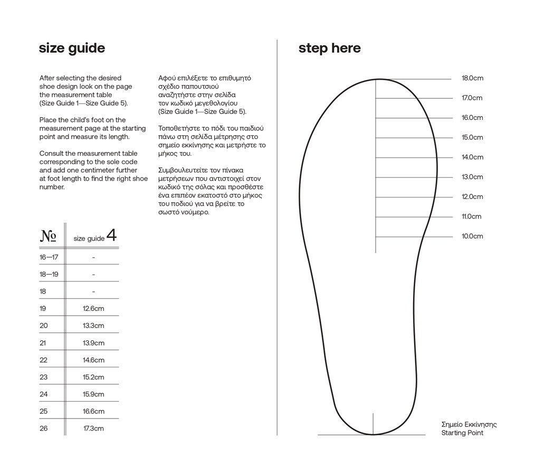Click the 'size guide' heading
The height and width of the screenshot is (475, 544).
click(72, 49)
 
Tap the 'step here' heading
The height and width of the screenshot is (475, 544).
click(329, 49)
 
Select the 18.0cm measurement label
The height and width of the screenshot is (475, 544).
click(472, 78)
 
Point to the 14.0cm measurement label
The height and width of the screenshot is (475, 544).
click(472, 157)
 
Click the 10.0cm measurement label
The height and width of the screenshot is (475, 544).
click(472, 236)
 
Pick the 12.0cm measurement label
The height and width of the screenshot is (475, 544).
click(472, 197)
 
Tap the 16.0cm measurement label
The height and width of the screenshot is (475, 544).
click(472, 118)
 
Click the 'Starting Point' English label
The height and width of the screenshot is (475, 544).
click(462, 433)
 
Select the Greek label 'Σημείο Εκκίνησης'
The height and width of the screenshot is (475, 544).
click(469, 424)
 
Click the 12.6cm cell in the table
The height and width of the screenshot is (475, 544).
click(93, 309)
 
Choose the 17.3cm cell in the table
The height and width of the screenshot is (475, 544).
click(93, 429)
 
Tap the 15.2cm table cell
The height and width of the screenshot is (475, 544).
click(93, 377)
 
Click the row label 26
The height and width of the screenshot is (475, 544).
click(43, 429)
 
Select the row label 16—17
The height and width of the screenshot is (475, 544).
click(49, 258)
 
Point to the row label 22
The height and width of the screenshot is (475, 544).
click(43, 360)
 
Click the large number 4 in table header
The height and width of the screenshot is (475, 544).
click(111, 235)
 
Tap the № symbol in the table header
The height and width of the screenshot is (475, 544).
click(48, 236)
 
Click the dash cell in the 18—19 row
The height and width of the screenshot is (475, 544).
click(93, 274)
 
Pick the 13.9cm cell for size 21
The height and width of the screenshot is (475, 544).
click(93, 343)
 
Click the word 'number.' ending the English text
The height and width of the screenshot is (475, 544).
click(52, 187)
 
